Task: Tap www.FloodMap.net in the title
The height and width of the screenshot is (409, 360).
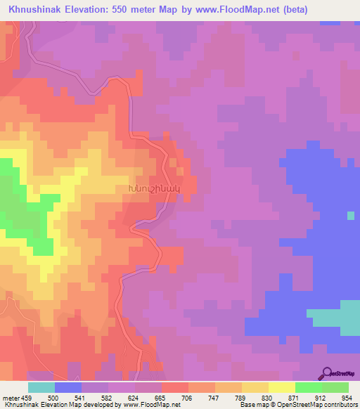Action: pos(233,9)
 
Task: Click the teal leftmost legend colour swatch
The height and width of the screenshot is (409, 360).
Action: pos(41,388)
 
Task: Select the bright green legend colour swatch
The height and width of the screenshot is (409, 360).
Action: pos(309,388)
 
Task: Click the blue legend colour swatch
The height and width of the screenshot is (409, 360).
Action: pos(68,388)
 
